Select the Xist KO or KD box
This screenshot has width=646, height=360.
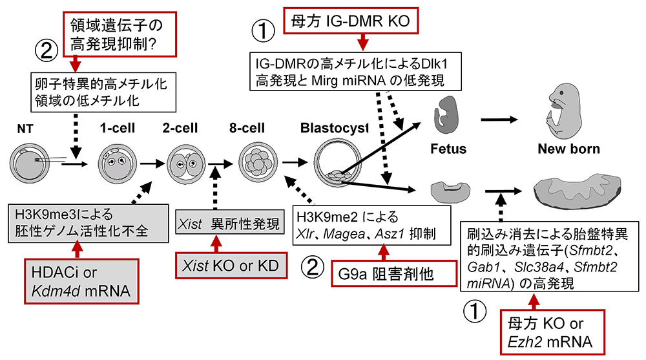[x=231, y=265]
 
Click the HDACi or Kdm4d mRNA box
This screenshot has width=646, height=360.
[x=82, y=282]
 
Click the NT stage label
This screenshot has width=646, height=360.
[x=24, y=129]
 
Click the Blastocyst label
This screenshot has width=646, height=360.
[x=334, y=129]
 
